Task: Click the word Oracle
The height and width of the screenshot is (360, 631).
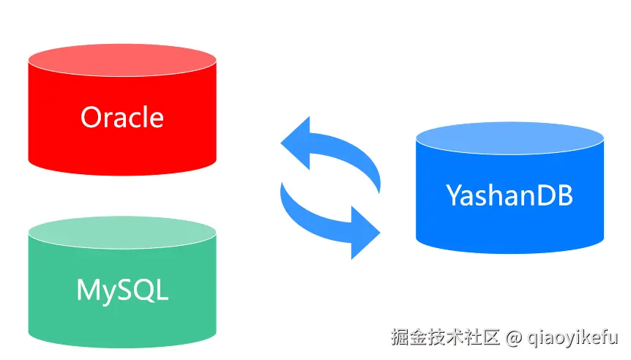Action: point(122,117)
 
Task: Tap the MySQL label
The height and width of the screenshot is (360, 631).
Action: point(122,290)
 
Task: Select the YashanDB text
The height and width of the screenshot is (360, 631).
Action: point(509,195)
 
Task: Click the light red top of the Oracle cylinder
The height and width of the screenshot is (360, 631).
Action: point(122,59)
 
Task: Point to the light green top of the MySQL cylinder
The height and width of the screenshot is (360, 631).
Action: point(122,231)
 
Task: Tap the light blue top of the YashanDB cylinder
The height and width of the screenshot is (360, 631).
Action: point(509,136)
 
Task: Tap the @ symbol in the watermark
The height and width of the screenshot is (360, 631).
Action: point(514,338)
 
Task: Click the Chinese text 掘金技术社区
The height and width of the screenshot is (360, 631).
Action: point(445,337)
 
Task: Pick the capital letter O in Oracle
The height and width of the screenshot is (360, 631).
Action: point(92,117)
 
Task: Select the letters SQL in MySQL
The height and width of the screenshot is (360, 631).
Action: point(143,290)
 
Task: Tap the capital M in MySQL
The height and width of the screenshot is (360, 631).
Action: point(88,290)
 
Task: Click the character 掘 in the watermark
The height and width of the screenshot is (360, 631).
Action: point(399,337)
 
